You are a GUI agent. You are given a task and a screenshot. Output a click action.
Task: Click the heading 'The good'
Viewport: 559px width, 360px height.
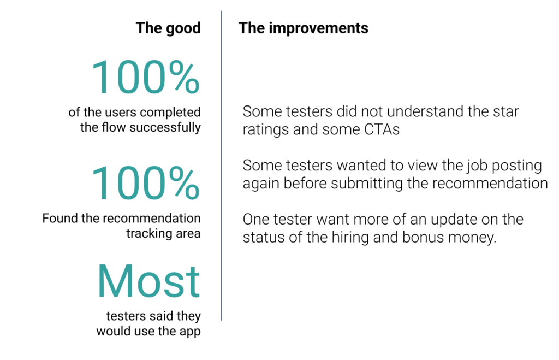168,28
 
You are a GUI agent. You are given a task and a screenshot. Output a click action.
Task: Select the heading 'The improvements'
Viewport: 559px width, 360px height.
304,28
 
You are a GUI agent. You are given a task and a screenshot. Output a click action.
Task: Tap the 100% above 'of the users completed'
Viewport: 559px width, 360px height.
145,78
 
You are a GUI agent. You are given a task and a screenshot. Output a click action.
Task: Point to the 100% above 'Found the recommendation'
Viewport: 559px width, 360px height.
145,183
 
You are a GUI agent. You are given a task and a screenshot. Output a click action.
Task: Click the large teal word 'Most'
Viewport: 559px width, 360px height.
148,281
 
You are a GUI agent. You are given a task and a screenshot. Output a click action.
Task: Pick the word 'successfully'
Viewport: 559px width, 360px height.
165,127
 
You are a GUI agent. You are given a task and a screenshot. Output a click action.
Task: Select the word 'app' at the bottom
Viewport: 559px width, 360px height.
190,332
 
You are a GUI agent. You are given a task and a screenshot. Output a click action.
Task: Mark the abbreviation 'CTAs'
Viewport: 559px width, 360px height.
382,129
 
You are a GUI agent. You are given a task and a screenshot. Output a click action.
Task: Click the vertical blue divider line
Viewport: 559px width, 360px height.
222,166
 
